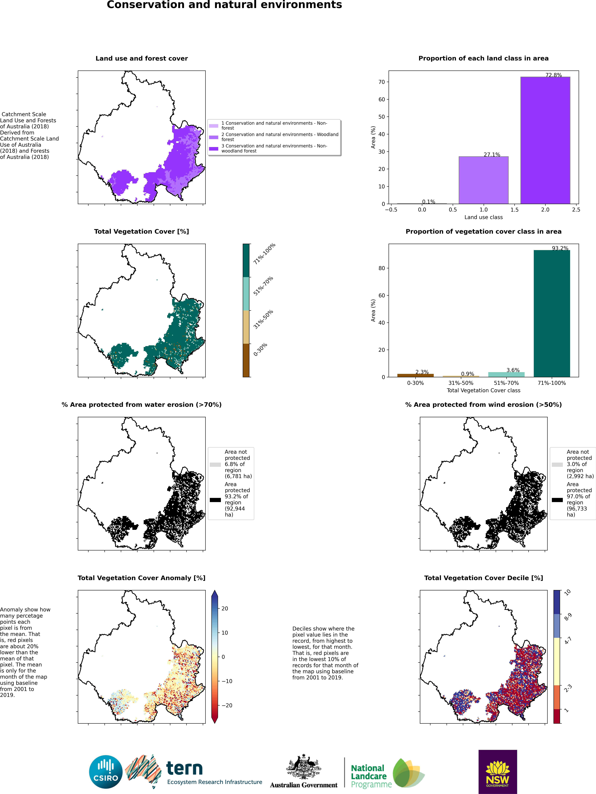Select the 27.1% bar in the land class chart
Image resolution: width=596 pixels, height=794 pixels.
(x=484, y=180)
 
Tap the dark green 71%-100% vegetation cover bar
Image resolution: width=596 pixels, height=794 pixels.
(x=552, y=313)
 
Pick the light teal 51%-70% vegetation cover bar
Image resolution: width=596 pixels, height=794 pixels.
(x=506, y=374)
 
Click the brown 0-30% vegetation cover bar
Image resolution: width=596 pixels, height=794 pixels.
(x=415, y=376)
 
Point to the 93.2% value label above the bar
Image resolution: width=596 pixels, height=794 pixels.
(x=560, y=248)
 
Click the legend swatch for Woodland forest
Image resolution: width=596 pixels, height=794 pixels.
(x=214, y=137)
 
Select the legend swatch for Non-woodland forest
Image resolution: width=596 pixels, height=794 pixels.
(x=214, y=149)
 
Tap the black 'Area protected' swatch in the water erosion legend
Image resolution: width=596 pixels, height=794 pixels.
(x=215, y=500)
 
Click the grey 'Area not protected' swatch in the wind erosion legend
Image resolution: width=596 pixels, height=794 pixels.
(x=557, y=464)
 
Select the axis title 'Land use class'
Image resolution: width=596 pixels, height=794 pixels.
(x=484, y=217)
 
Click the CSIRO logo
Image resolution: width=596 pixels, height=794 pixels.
(x=106, y=772)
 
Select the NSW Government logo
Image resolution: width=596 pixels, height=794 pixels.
(x=498, y=772)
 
